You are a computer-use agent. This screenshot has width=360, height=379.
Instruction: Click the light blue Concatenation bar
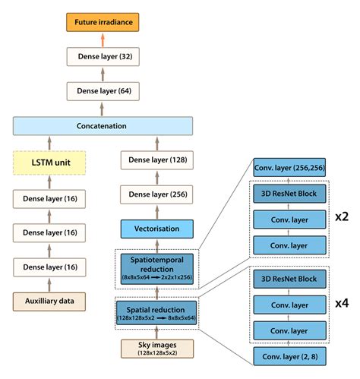point(102,126)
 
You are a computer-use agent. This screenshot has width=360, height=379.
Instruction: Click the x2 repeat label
point(341,216)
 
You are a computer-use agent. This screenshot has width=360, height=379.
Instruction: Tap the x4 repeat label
point(341,302)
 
